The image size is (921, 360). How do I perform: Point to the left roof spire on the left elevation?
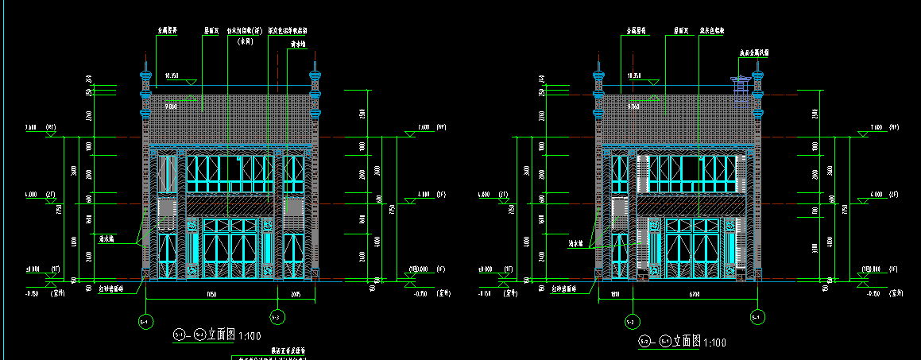(145, 83)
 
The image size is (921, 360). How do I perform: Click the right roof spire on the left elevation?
(315, 83)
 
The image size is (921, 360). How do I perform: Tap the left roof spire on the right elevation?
(598, 83)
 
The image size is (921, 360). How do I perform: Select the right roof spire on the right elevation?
(757, 83)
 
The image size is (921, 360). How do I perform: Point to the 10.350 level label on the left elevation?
(172, 75)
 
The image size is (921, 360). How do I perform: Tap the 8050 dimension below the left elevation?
(211, 294)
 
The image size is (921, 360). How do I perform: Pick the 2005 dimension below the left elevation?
(296, 294)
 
